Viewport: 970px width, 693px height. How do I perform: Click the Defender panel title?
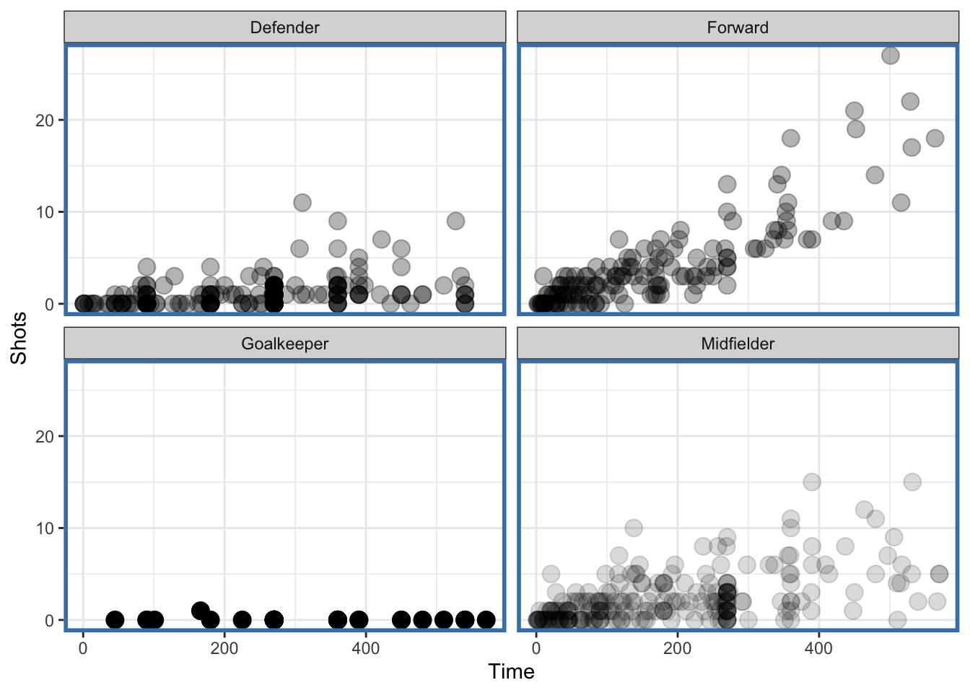click(284, 27)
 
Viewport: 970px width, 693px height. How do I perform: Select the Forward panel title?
click(738, 27)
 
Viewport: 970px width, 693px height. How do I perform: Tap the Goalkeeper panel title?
click(284, 344)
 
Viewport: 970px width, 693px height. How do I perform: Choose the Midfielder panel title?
click(738, 344)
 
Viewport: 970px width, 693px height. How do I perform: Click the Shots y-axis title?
click(19, 338)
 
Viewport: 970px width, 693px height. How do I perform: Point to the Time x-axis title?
click(511, 672)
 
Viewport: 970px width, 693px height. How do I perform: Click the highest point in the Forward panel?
click(890, 56)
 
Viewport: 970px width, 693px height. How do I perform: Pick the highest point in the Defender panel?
click(302, 202)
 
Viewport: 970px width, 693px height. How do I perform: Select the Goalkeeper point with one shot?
click(201, 611)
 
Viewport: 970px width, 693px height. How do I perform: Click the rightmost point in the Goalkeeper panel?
click(486, 620)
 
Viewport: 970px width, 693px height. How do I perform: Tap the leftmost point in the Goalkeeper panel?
click(114, 620)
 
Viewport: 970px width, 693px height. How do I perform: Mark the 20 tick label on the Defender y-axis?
click(45, 121)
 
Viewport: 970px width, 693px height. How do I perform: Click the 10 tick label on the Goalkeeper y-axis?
click(45, 528)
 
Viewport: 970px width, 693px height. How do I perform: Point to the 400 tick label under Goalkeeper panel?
click(365, 648)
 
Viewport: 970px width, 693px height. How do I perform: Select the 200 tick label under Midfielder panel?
click(677, 648)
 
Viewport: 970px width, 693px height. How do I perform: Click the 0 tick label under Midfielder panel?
click(536, 648)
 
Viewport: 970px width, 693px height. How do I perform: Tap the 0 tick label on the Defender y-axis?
click(49, 305)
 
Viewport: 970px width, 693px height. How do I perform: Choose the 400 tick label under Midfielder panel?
click(818, 648)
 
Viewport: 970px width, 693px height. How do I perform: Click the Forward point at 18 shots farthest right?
click(935, 138)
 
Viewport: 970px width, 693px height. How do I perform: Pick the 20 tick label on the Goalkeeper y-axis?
click(45, 437)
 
